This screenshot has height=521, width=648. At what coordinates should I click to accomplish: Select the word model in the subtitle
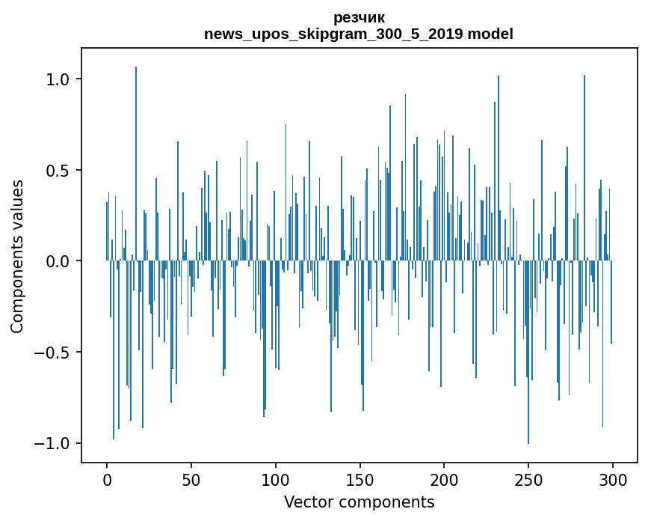click(x=490, y=34)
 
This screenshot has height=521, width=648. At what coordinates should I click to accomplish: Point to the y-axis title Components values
click(x=17, y=256)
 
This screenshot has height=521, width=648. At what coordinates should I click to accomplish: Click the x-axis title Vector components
click(x=359, y=502)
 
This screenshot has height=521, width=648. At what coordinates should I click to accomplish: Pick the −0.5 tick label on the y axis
click(x=52, y=352)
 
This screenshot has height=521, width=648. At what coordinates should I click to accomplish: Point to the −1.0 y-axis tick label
click(x=52, y=443)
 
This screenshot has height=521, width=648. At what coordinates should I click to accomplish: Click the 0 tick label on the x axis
click(x=107, y=480)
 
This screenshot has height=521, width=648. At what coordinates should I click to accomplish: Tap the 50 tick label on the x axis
click(x=191, y=480)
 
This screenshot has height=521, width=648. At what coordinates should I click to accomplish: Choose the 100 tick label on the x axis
click(x=276, y=480)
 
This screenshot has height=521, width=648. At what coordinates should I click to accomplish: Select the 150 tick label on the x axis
click(x=360, y=480)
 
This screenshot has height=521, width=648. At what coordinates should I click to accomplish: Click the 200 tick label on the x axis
click(x=444, y=480)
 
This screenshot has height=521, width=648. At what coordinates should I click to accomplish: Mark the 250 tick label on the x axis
click(x=528, y=480)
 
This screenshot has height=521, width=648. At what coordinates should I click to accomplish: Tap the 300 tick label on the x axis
click(x=613, y=480)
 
